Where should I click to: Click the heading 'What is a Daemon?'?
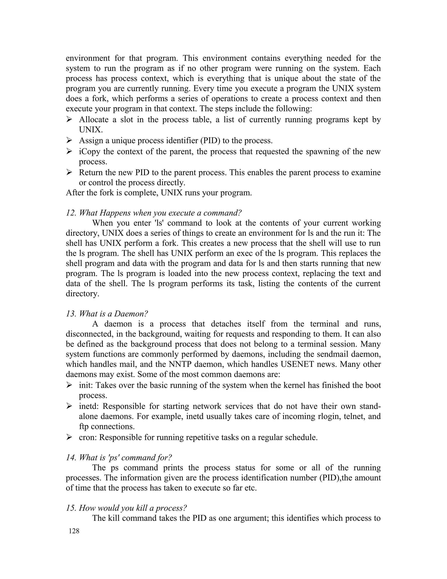click(107, 314)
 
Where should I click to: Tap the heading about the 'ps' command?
click(119, 457)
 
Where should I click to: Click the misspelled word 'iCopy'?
click(89, 152)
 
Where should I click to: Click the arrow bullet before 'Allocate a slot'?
click(69, 120)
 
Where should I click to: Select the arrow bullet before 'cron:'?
click(69, 437)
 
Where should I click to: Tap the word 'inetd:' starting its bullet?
click(88, 406)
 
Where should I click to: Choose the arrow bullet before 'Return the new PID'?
click(69, 173)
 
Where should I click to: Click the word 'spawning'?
click(324, 152)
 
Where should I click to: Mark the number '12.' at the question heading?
click(71, 213)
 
